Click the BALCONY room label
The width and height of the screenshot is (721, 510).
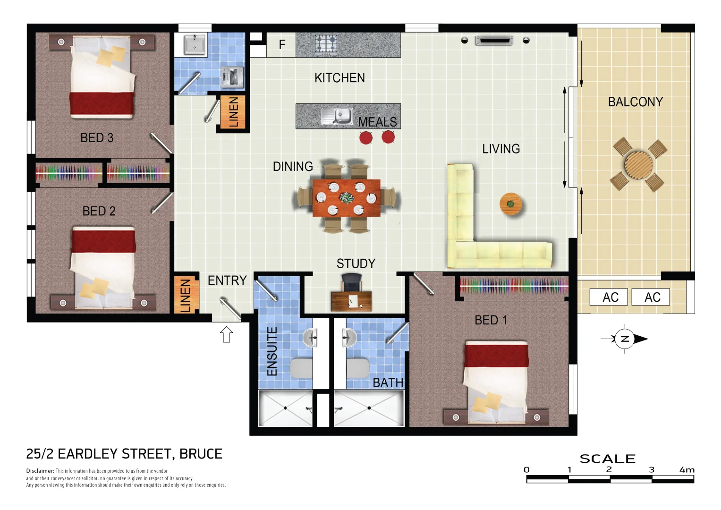pos(635,102)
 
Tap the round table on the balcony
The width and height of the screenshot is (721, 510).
pos(638,164)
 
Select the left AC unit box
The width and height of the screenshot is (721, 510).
pos(609,297)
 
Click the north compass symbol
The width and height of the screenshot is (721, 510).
pos(625,339)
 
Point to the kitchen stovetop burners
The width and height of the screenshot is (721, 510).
pos(326,44)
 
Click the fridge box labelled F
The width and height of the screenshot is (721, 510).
pos(281,45)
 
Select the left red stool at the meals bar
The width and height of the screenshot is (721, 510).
pos(365,137)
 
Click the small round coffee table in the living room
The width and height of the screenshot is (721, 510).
pos(510,204)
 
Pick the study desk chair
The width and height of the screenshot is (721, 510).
pos(351,282)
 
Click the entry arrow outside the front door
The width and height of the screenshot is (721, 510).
pos(227,334)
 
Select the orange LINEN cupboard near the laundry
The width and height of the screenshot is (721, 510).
pos(233,112)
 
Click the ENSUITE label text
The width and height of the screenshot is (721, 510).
pos(272,351)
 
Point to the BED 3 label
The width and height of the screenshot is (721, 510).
pos(97,138)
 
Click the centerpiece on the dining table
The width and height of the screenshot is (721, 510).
pos(347,197)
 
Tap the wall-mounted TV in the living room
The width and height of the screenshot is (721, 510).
pos(494,41)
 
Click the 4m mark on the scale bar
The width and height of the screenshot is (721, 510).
pos(687,470)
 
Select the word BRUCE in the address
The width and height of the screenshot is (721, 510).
pos(201,454)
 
